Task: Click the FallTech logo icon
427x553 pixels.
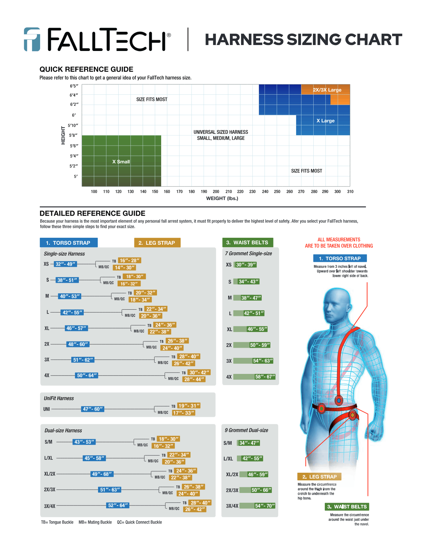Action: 32,39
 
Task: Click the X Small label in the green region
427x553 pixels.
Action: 121,162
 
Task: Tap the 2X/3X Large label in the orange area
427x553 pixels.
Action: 327,90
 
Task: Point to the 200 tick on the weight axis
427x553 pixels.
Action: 216,192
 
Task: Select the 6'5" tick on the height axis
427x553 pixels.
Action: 74,86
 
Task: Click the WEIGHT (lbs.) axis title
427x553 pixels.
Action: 222,198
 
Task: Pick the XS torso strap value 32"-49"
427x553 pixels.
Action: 65,264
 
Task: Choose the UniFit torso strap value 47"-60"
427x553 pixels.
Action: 93,409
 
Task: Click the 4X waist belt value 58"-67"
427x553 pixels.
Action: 265,377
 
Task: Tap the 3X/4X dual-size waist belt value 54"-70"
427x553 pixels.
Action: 265,506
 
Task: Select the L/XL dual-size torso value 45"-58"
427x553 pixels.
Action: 94,458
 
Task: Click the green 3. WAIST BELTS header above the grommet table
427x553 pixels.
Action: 247,243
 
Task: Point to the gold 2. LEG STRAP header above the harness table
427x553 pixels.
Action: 157,243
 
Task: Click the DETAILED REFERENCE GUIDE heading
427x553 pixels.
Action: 92,213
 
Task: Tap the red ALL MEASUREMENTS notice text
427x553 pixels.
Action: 339,243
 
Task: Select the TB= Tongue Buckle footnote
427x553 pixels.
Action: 57,522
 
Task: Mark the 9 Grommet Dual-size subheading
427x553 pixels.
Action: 246,430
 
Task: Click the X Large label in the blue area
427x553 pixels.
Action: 325,121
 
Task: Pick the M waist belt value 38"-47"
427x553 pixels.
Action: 251,298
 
